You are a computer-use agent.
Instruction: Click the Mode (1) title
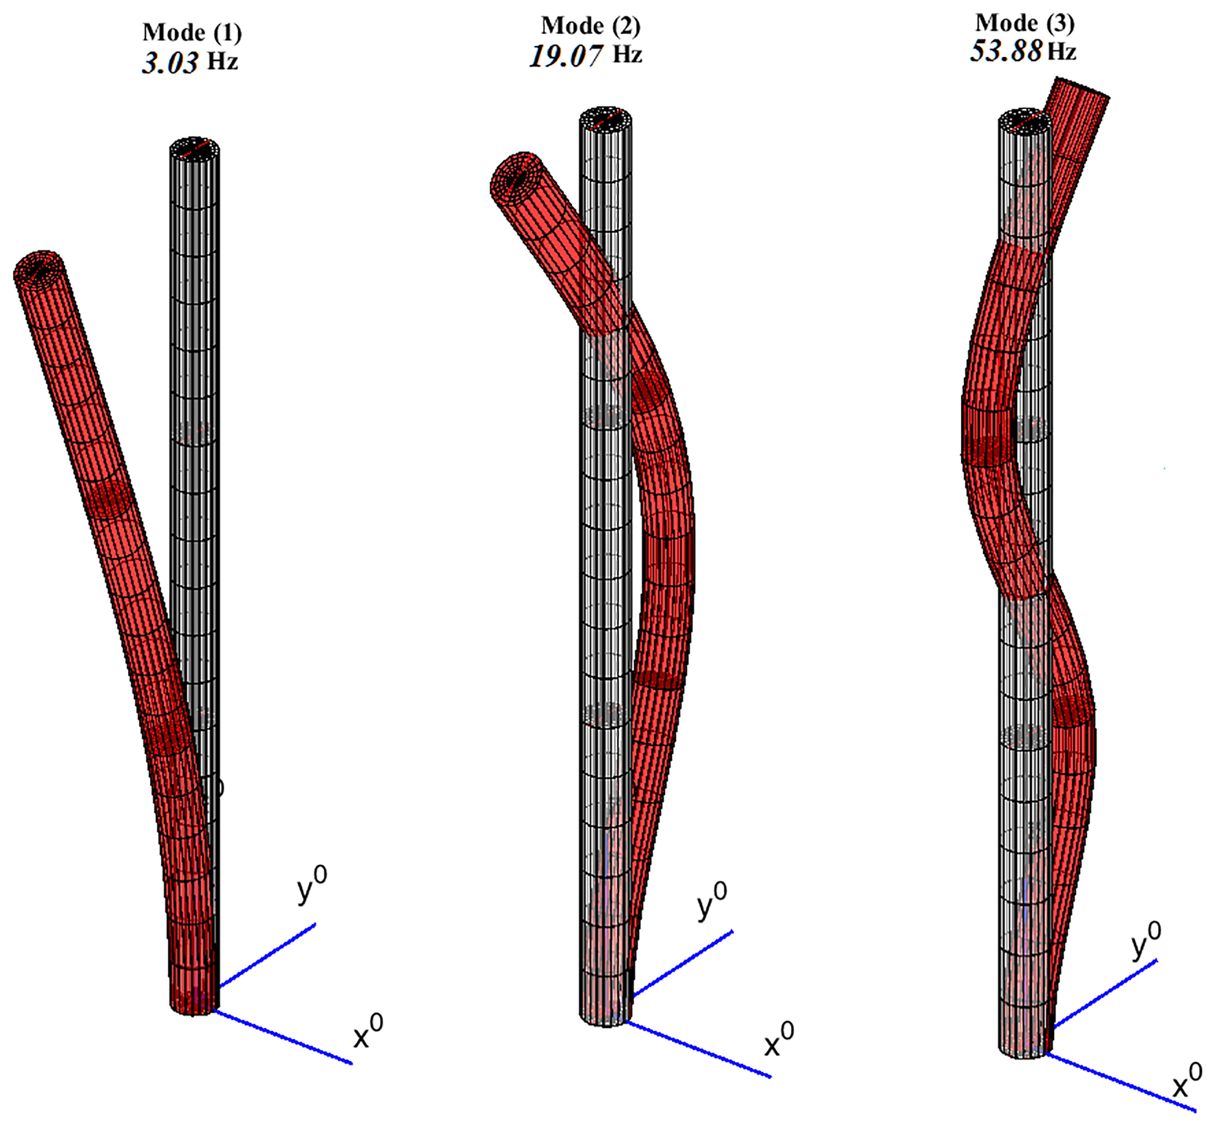pos(192,33)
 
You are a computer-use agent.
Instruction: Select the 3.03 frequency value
pos(170,63)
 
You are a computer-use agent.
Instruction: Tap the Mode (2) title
pos(591,26)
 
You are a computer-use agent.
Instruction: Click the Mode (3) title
pos(1025,23)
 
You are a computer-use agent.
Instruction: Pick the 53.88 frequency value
pos(1006,51)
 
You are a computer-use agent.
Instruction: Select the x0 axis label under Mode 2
pos(779,1042)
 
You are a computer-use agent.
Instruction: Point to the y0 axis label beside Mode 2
pos(712,902)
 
